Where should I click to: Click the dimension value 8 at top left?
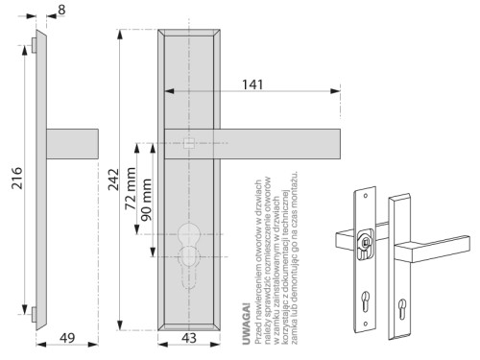tap(61, 11)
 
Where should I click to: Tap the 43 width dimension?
tap(188, 337)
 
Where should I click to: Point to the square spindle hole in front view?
tap(188, 144)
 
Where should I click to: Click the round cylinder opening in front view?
tap(188, 235)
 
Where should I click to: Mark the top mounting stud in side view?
tap(34, 44)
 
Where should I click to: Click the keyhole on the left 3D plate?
tap(366, 298)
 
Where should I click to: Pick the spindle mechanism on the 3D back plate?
tap(366, 243)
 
